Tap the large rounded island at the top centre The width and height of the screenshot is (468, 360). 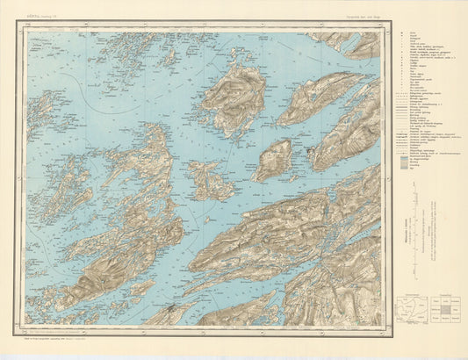pyautogui.click(x=235, y=98)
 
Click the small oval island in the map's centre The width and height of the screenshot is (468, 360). pyautogui.click(x=274, y=159)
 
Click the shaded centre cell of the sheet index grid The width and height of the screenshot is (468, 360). pyautogui.click(x=445, y=311)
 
